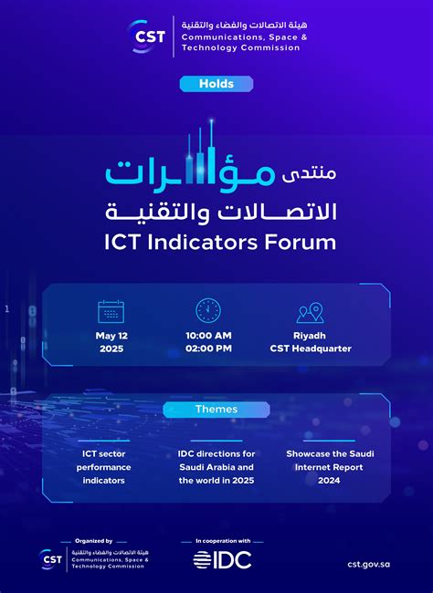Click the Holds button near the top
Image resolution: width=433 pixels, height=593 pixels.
click(216, 84)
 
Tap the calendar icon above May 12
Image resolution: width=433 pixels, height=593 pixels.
click(111, 311)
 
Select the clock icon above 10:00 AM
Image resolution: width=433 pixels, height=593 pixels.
click(208, 310)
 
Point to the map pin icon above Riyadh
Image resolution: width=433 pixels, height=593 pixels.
click(310, 312)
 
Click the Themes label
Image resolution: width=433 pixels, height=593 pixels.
click(216, 410)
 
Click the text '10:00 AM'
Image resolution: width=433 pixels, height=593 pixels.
click(208, 335)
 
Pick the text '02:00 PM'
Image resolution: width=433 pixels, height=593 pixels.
click(208, 349)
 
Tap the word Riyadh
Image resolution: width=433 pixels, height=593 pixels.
click(311, 335)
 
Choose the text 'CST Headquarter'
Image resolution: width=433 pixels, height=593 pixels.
click(311, 349)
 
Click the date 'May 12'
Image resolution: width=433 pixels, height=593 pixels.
click(111, 335)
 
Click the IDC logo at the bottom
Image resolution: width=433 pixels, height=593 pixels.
click(222, 559)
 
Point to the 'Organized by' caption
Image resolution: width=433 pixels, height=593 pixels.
click(94, 541)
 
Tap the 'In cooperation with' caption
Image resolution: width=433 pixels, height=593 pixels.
click(222, 541)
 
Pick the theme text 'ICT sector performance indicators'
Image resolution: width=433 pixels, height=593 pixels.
click(104, 467)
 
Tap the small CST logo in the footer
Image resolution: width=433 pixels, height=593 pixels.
click(51, 558)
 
